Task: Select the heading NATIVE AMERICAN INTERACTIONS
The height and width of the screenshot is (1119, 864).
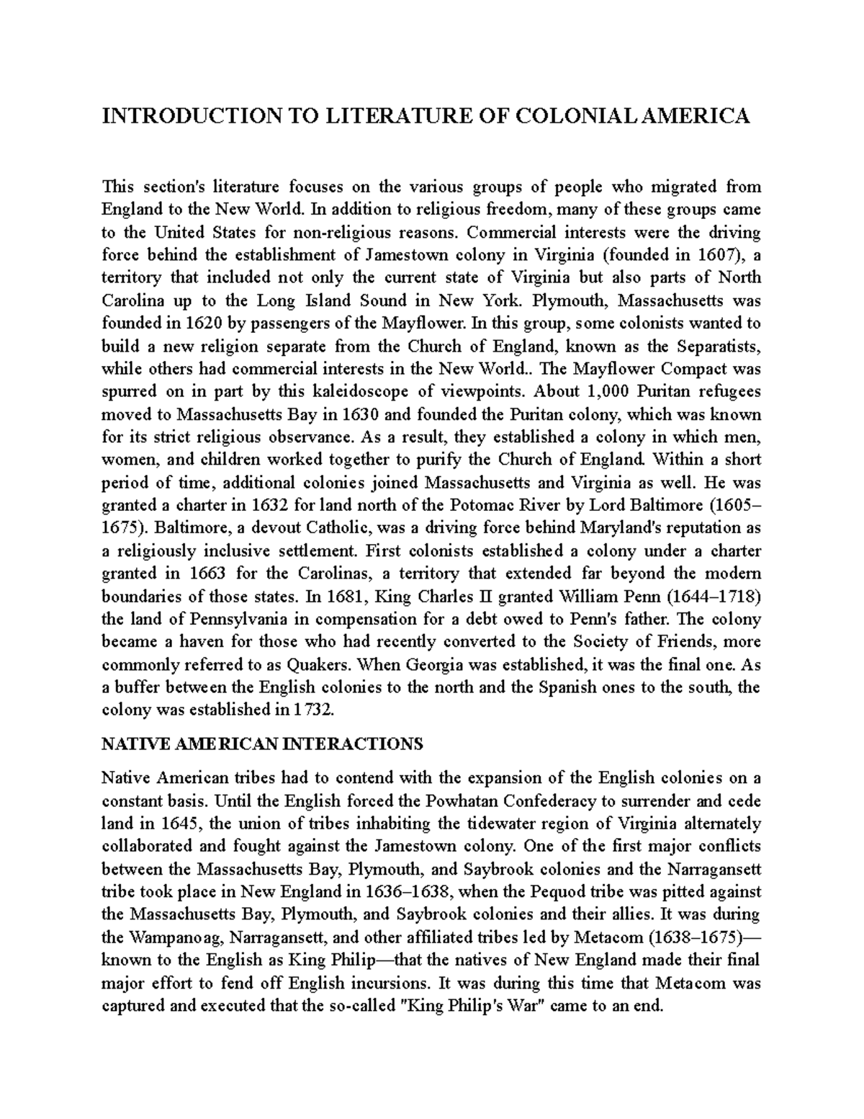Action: (262, 744)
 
